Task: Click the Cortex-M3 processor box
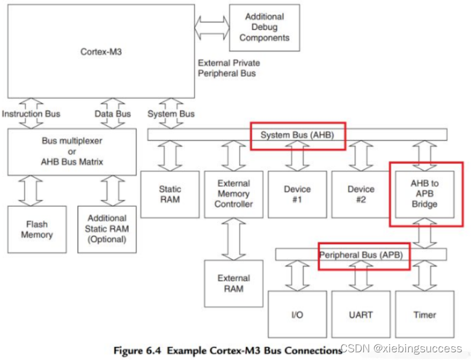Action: (101, 51)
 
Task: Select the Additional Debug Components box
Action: (264, 27)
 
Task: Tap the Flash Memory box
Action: (37, 229)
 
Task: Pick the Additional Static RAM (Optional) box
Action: (107, 229)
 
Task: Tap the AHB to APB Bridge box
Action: (424, 194)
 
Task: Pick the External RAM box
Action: (234, 284)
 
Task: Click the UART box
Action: (361, 314)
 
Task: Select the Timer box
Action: (424, 314)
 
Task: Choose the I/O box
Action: (297, 314)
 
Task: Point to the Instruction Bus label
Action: (31, 113)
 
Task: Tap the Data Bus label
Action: (112, 113)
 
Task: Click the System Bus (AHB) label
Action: (298, 135)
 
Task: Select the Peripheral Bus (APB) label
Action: (362, 255)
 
